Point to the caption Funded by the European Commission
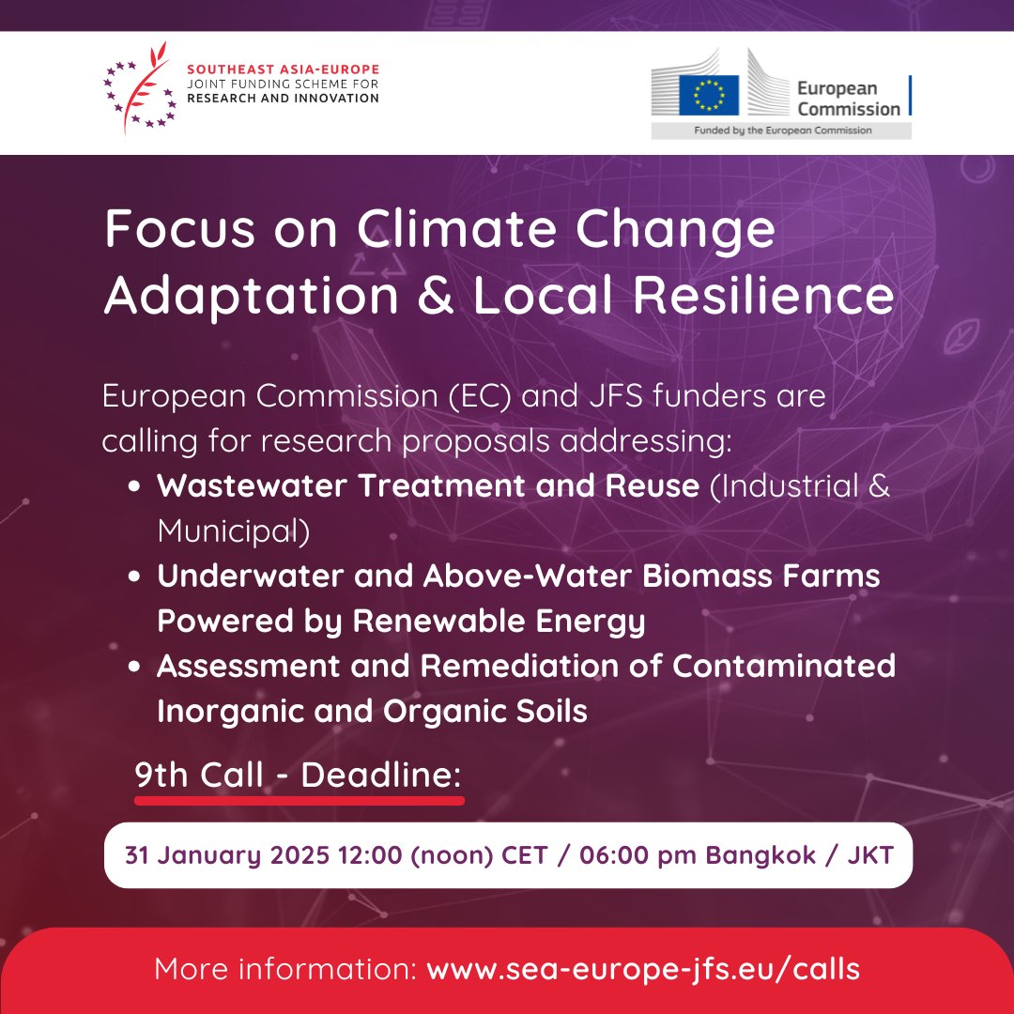point(782,131)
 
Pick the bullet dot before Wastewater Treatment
point(135,487)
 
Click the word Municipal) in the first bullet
point(233,530)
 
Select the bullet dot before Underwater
point(135,576)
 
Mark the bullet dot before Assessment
point(135,667)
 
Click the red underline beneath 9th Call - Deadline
point(299,801)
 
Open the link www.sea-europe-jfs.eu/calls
point(644,969)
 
